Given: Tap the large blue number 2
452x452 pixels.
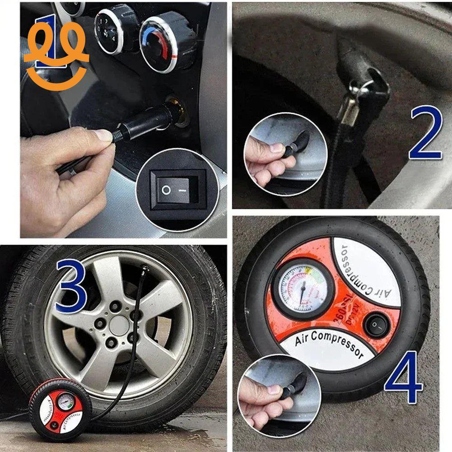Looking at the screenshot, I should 425,133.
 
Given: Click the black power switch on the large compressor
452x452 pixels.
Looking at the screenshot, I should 377,324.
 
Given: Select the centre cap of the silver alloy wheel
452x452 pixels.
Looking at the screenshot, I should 119,325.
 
